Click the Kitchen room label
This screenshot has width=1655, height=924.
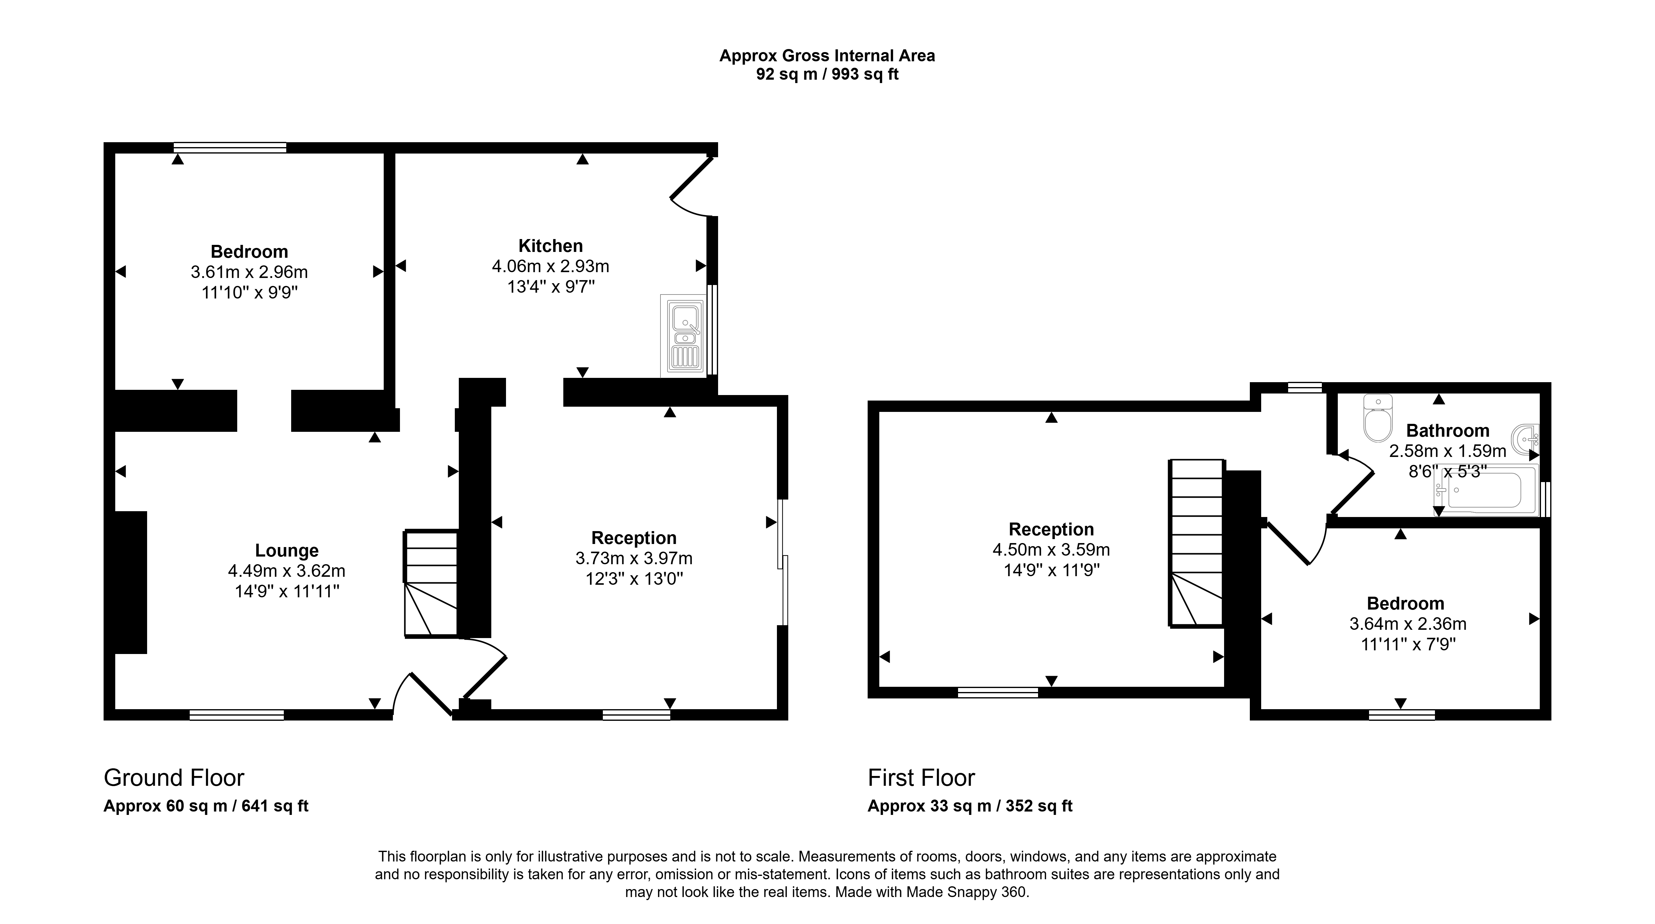551,245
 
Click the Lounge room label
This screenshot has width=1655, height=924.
287,551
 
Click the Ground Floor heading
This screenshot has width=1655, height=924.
174,778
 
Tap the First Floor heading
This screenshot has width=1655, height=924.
921,778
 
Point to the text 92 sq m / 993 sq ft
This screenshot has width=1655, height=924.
827,74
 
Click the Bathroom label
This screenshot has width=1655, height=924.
1448,431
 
